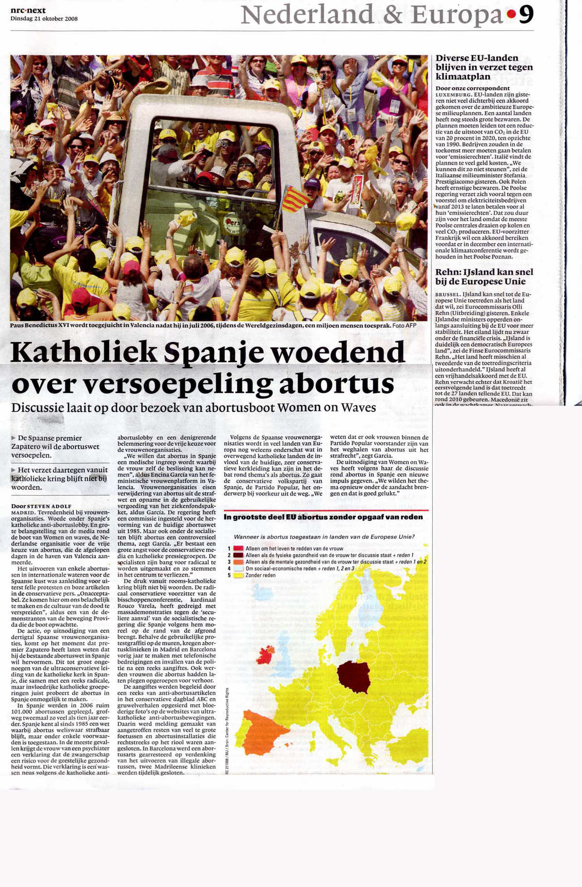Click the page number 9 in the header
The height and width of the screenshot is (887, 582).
click(526, 15)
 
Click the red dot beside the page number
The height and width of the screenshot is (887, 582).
click(511, 15)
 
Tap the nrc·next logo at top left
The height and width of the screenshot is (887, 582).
click(28, 10)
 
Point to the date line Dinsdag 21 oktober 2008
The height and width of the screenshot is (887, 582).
click(44, 19)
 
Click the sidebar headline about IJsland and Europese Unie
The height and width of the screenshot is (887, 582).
click(484, 276)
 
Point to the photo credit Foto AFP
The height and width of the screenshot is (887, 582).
click(404, 325)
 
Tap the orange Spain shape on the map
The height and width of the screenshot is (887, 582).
click(262, 731)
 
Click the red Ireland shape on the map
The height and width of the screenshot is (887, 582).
click(265, 656)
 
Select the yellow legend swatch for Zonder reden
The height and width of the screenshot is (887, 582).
click(238, 575)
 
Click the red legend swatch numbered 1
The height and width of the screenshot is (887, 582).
click(238, 548)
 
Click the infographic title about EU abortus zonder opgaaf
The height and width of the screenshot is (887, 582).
click(323, 517)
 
